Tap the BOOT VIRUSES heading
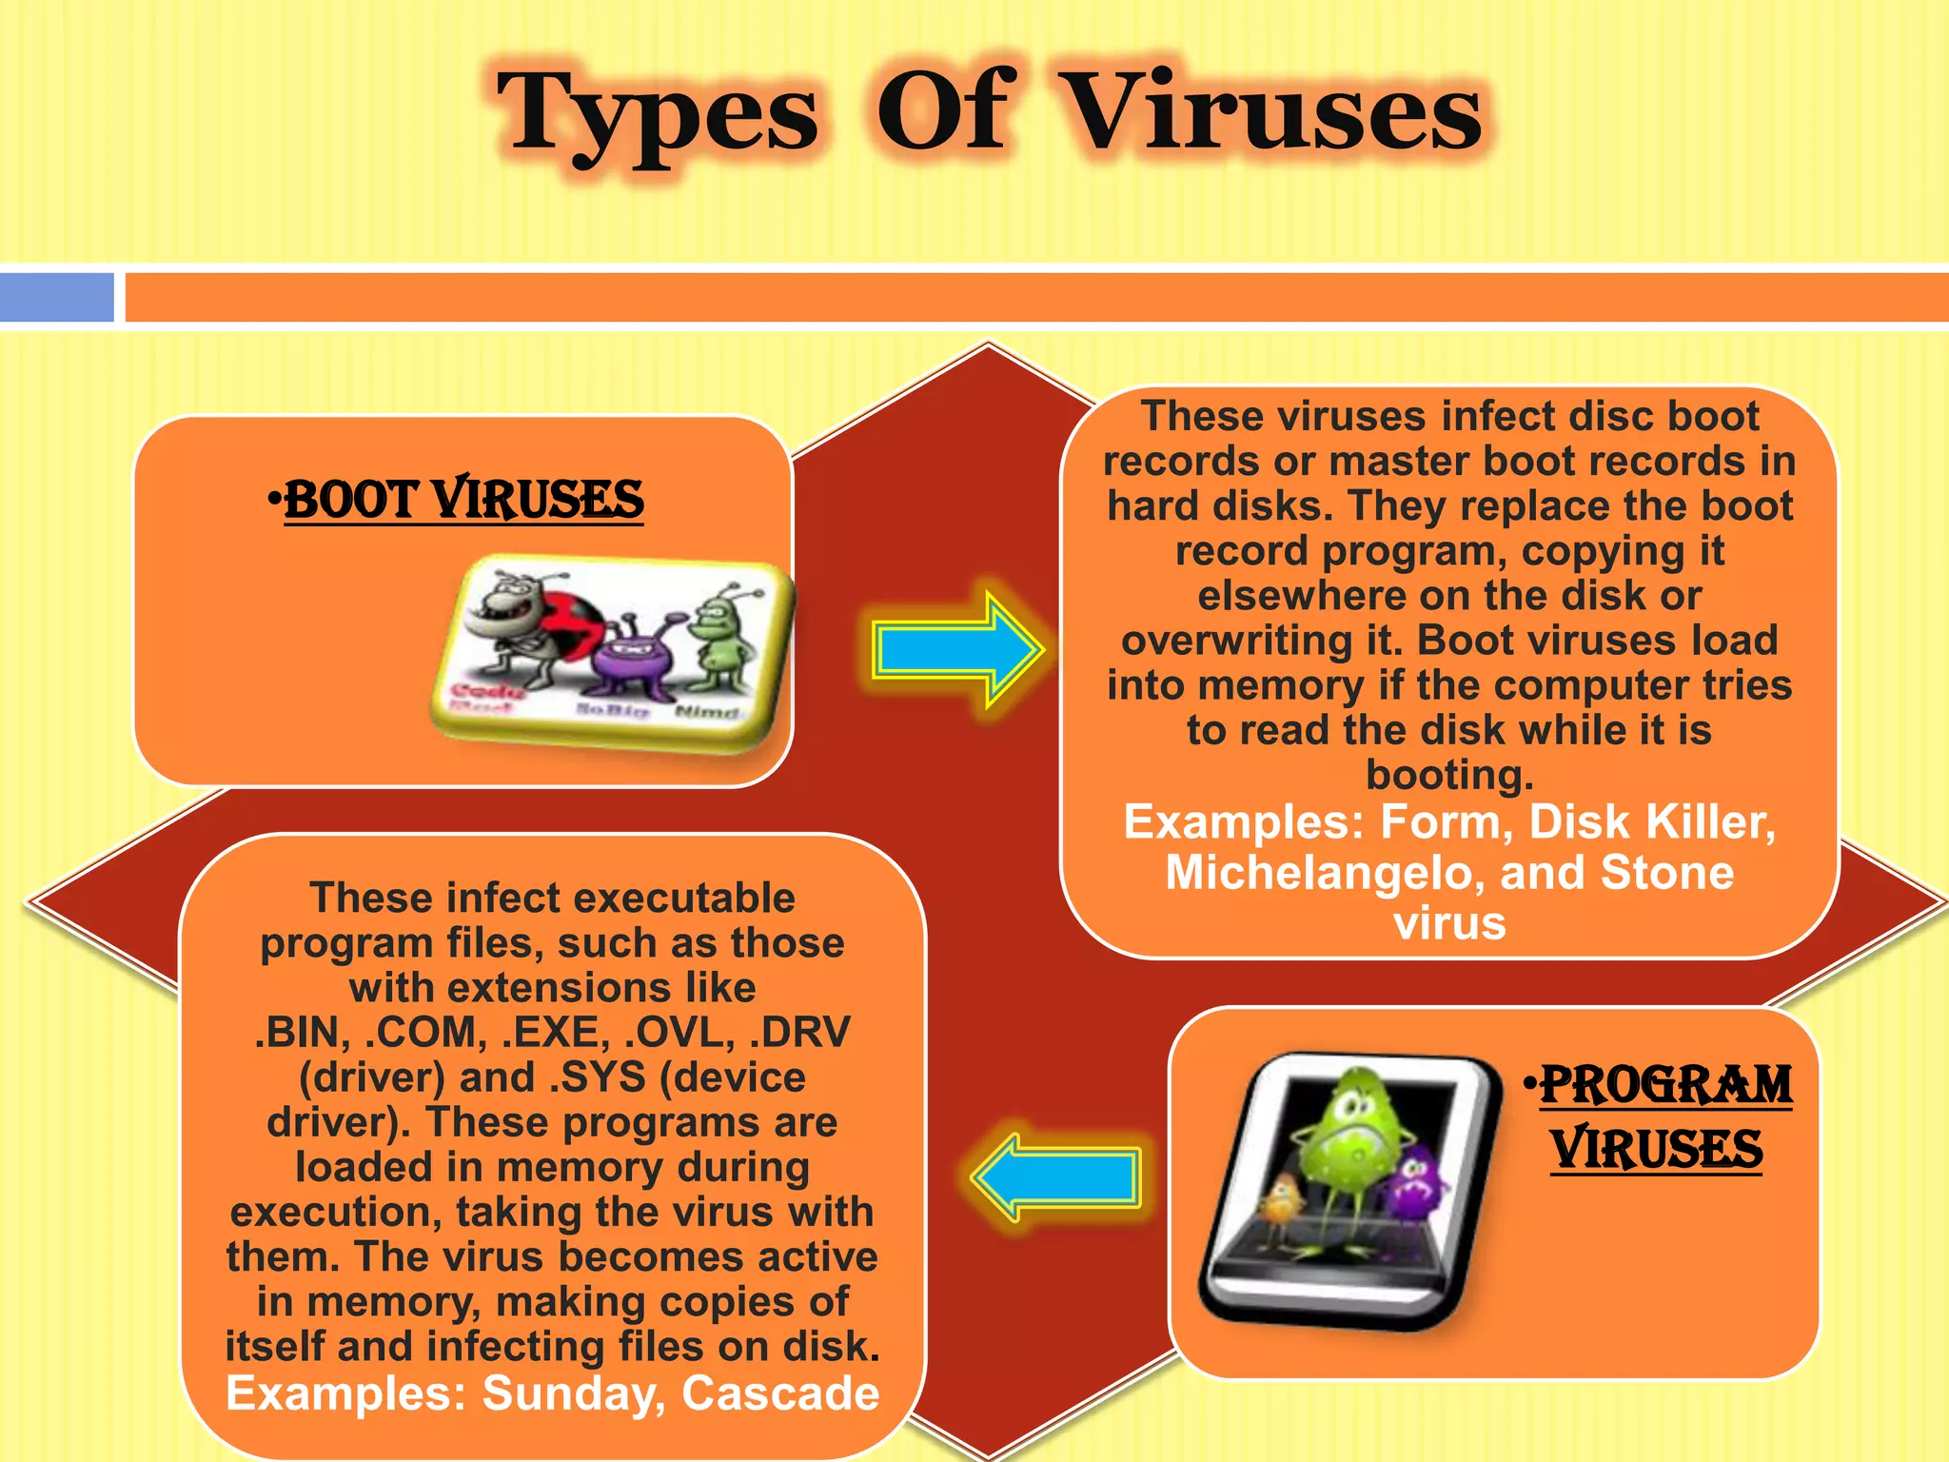click(463, 500)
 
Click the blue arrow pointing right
click(956, 650)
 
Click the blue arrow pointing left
click(1056, 1177)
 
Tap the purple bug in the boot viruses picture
click(633, 657)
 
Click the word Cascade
click(780, 1393)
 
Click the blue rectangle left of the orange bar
click(57, 297)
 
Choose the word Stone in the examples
click(1667, 872)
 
